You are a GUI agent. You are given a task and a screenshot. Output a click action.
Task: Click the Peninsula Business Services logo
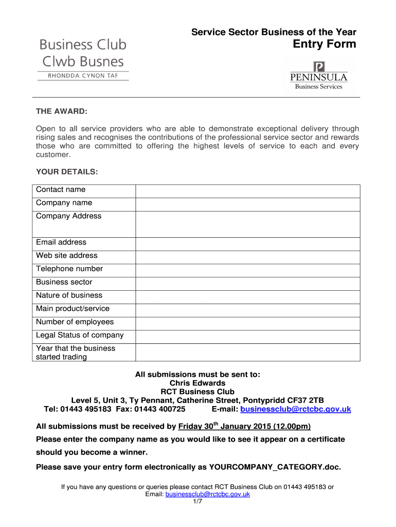(x=318, y=76)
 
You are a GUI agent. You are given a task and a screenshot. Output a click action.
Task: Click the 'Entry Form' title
(x=324, y=44)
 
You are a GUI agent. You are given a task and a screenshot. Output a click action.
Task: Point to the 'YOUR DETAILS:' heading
(x=67, y=171)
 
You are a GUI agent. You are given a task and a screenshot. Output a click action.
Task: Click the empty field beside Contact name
(x=247, y=190)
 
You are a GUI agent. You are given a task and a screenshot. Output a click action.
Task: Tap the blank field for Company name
(x=247, y=204)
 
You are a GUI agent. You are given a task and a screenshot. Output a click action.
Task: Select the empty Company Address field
(x=247, y=224)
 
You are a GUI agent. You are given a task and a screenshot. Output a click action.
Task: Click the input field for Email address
(x=247, y=243)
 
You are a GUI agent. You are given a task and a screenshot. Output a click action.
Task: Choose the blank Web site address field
(x=247, y=257)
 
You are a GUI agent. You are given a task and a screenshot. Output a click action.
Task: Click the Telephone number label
(x=69, y=269)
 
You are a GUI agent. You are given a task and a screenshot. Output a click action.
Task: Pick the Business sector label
(x=64, y=282)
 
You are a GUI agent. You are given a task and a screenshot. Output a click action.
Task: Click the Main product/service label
(x=73, y=309)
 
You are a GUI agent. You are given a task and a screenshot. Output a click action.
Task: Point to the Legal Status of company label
(x=80, y=335)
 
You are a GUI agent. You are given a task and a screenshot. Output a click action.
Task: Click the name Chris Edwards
(x=197, y=383)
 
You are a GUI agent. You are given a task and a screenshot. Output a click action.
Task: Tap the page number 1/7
(x=197, y=502)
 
